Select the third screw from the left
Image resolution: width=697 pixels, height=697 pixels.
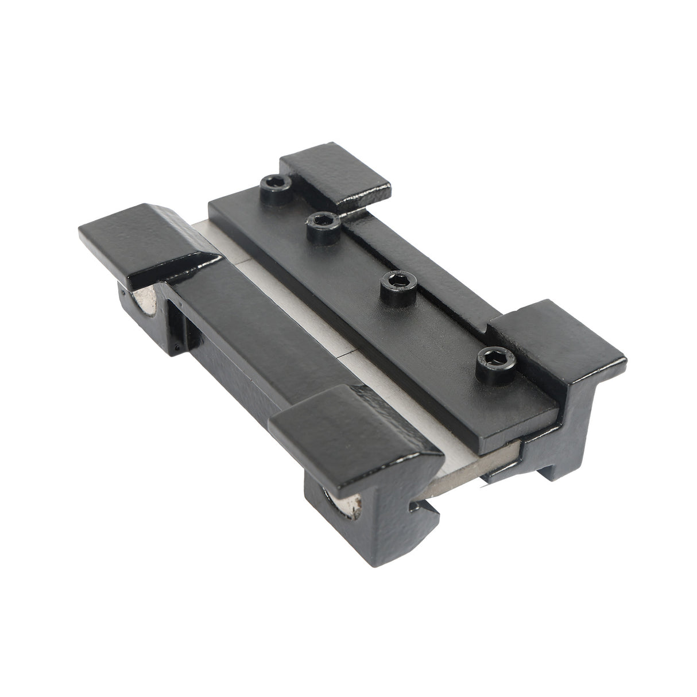[396, 280]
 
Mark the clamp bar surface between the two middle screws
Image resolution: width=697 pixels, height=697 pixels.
[356, 253]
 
